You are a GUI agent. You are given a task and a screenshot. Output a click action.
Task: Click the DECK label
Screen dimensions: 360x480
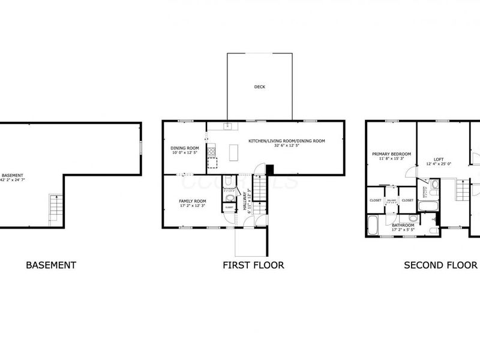(259, 87)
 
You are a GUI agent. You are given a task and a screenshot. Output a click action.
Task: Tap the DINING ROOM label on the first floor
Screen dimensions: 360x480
(185, 148)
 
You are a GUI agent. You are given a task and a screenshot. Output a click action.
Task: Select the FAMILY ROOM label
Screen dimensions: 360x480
(192, 201)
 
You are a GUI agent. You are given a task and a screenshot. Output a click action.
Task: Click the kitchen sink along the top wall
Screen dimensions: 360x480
(228, 126)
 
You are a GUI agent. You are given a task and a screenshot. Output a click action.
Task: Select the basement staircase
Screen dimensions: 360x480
(55, 207)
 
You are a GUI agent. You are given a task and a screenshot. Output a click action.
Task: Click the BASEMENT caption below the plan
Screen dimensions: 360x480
(51, 265)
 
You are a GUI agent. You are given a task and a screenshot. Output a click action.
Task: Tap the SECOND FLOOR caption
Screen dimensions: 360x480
(440, 265)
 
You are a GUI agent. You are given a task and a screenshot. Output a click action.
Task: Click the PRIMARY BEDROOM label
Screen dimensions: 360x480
(391, 154)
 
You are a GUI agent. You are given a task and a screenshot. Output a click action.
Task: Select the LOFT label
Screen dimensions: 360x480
(439, 159)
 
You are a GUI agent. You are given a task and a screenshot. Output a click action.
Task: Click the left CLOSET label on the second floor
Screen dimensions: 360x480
(376, 200)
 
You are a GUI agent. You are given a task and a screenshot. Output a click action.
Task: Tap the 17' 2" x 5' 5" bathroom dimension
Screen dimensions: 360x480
(403, 230)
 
